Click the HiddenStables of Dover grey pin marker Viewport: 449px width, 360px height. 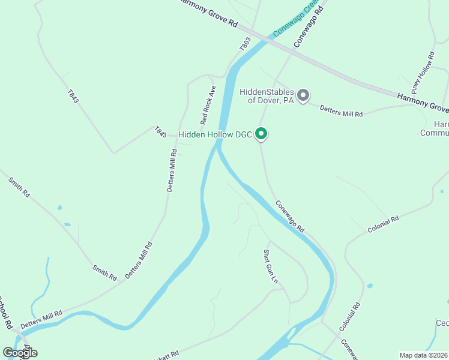tap(304, 95)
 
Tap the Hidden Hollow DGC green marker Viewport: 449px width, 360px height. tap(261, 134)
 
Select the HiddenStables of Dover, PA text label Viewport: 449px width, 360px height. tap(267, 96)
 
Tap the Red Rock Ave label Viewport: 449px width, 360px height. tap(208, 104)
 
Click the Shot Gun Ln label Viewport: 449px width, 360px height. tap(271, 266)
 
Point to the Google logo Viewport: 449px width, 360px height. tap(20, 352)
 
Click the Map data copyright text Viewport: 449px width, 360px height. tap(424, 355)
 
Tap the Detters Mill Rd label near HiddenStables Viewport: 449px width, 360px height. tap(341, 110)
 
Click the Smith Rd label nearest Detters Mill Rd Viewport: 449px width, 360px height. tap(104, 272)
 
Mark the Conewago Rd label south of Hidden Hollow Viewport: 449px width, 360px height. tap(291, 216)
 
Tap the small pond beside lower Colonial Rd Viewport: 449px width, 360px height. tap(370, 285)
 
